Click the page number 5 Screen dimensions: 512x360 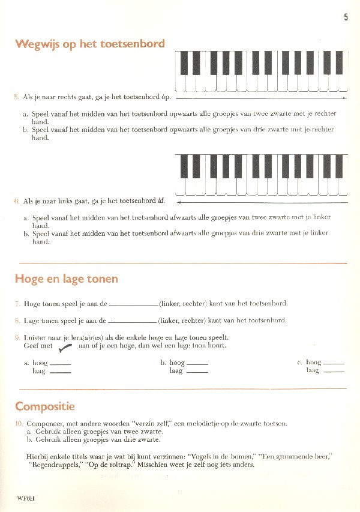pos(346,18)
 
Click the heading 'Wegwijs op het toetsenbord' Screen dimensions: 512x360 pos(90,44)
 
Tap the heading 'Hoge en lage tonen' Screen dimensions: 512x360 pos(66,279)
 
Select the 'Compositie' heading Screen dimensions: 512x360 pos(45,406)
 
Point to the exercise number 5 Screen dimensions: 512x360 pos(17,97)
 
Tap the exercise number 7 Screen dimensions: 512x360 pos(17,304)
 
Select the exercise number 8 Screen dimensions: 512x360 pos(17,321)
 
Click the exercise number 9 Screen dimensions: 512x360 pos(17,338)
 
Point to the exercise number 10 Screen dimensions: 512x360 pos(19,424)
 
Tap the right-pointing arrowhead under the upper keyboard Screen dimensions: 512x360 pos(344,97)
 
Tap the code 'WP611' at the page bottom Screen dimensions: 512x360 pos(27,498)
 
